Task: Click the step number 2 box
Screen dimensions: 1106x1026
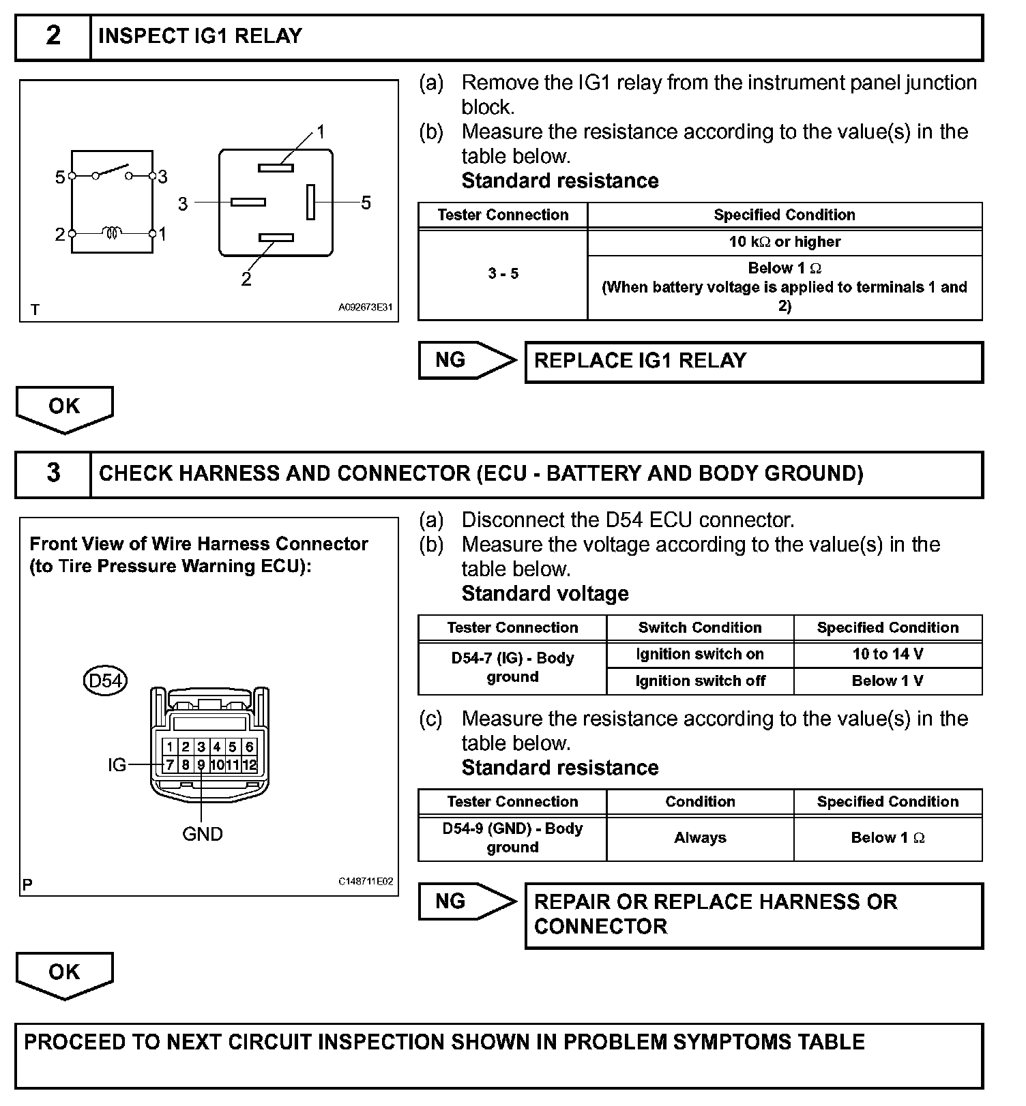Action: click(x=53, y=36)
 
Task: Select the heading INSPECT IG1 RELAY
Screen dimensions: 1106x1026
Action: click(x=200, y=36)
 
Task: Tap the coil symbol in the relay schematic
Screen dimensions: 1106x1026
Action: click(x=112, y=233)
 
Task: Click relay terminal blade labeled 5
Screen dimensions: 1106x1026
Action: click(x=310, y=202)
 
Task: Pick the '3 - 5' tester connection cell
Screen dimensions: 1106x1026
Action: click(x=503, y=273)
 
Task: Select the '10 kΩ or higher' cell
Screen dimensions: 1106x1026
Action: click(x=785, y=242)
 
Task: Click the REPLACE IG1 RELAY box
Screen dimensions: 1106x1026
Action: click(x=753, y=361)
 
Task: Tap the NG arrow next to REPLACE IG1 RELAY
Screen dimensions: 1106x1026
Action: click(x=467, y=360)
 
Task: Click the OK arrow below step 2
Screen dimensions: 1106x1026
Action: click(x=64, y=408)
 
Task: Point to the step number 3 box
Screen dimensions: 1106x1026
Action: click(x=53, y=473)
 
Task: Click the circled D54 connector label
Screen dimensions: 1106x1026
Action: click(x=105, y=681)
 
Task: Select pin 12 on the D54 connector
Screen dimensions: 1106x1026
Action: click(x=250, y=765)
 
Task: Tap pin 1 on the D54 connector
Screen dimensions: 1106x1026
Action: click(x=170, y=747)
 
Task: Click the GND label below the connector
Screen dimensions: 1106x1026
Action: click(x=203, y=834)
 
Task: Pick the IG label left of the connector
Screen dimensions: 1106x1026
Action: click(x=117, y=765)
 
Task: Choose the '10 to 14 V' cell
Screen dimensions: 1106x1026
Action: click(x=888, y=655)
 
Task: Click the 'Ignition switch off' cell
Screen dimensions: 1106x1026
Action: click(x=700, y=681)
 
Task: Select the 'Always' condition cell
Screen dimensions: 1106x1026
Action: click(x=700, y=838)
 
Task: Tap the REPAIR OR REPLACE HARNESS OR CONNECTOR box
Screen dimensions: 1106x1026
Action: click(x=753, y=914)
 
